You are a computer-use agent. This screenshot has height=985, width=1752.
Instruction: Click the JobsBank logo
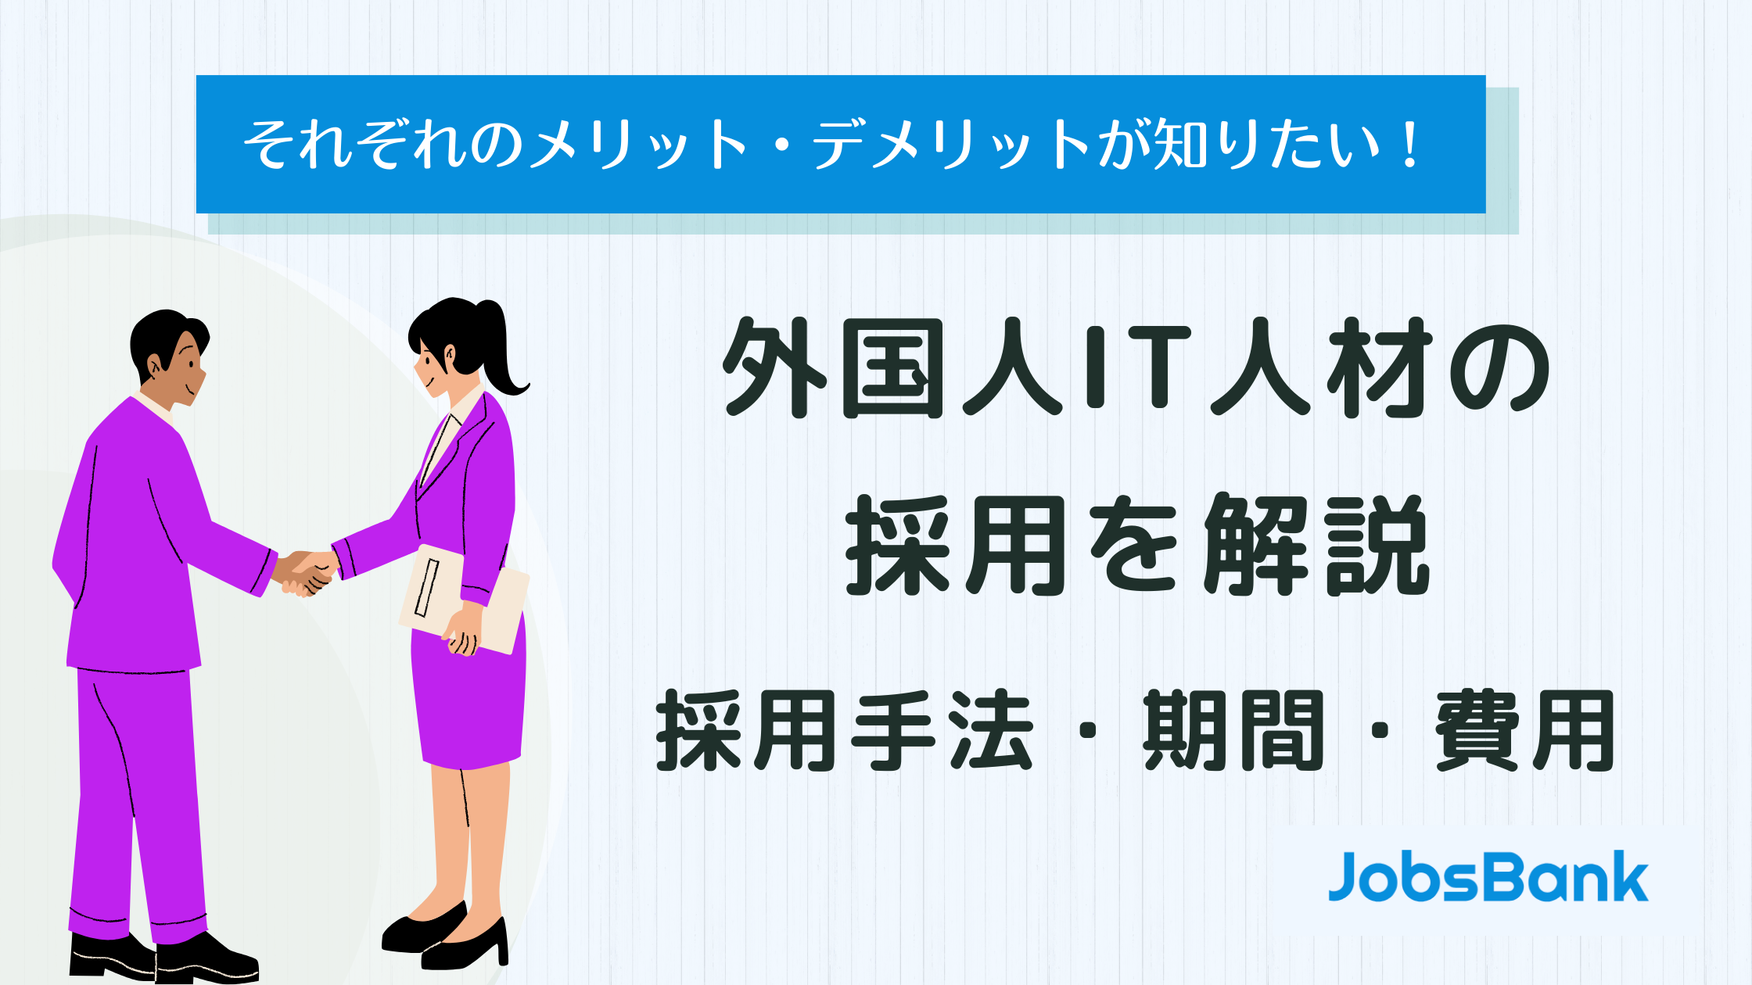(x=1488, y=876)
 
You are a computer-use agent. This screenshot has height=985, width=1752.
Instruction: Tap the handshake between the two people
(x=307, y=574)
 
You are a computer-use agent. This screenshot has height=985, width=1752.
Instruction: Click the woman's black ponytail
(x=501, y=344)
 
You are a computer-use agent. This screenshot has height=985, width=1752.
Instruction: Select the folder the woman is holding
(x=463, y=598)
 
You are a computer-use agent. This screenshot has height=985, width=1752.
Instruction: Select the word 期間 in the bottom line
(x=1234, y=731)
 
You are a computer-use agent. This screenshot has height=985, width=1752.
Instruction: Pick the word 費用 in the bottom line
(x=1525, y=731)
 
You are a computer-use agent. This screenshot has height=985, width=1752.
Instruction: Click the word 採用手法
(x=845, y=731)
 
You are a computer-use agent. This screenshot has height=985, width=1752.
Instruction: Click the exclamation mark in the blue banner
(x=1411, y=145)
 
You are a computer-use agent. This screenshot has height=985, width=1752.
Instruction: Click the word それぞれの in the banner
(x=383, y=145)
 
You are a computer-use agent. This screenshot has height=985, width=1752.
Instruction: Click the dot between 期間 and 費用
(x=1380, y=732)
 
